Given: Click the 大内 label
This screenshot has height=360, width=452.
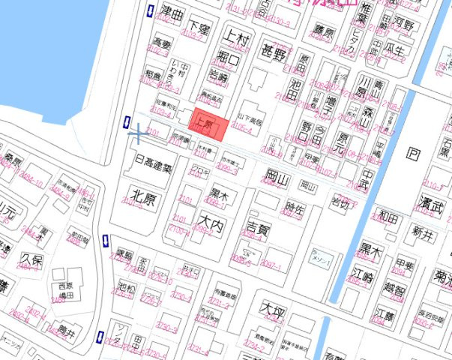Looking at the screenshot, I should [x=211, y=223].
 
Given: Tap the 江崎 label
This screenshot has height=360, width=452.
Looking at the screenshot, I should [x=365, y=277].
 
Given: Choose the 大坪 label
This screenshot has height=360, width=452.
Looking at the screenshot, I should [x=271, y=308].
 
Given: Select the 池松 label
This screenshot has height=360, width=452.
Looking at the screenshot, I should [x=125, y=286].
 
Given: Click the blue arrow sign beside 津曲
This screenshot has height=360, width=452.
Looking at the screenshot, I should [x=151, y=11].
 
